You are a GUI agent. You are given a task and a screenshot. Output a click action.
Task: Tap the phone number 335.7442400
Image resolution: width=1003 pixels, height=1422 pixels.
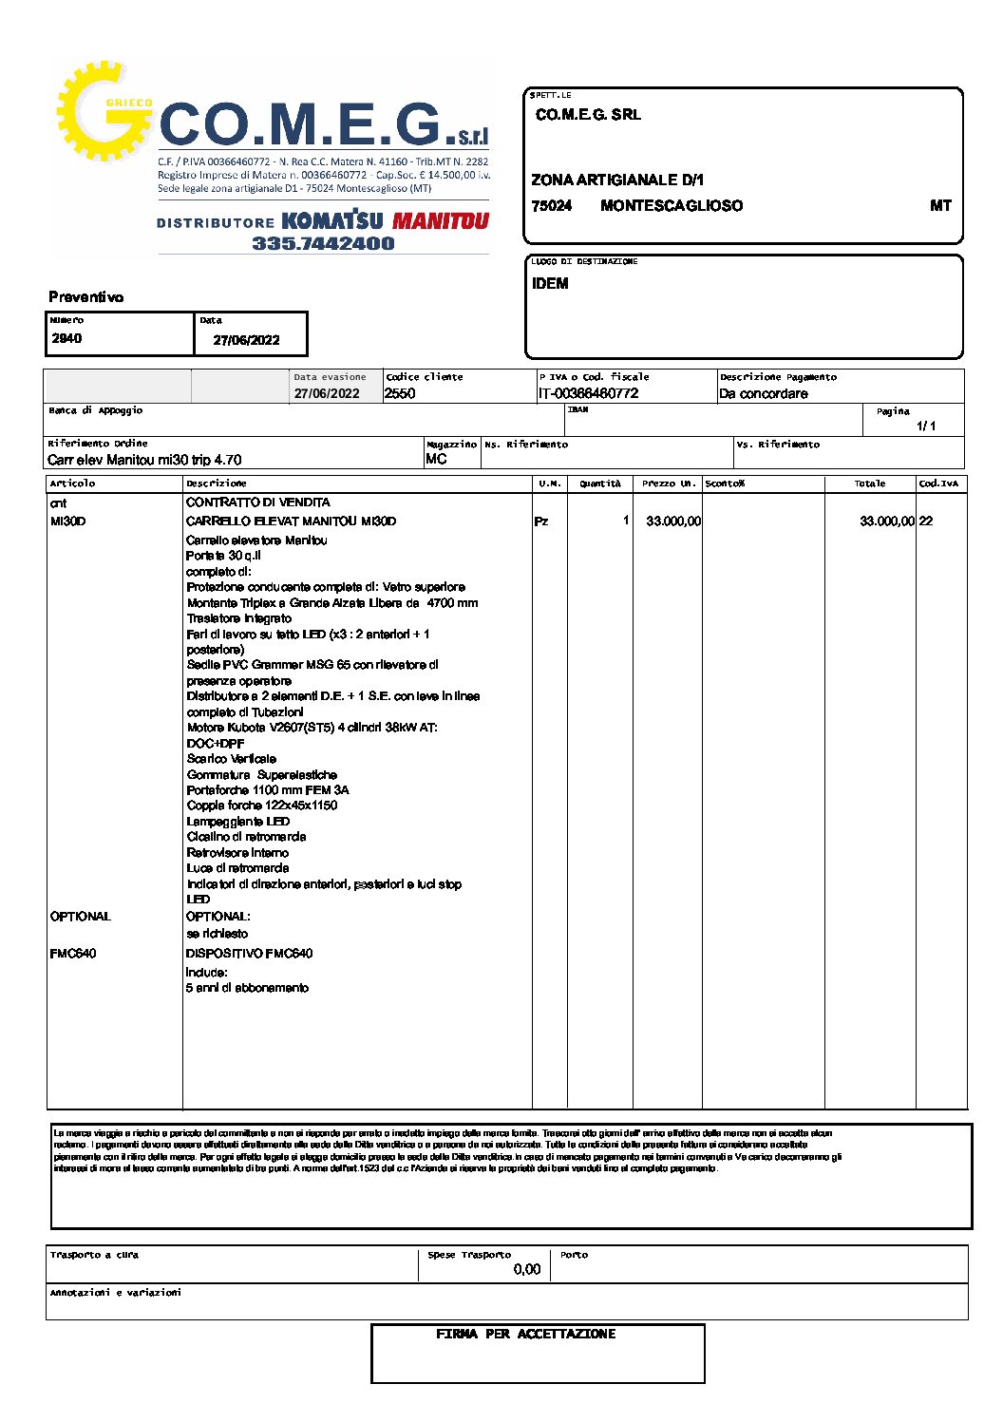coord(323,243)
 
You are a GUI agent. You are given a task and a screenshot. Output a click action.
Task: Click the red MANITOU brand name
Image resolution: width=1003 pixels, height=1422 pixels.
coord(440,221)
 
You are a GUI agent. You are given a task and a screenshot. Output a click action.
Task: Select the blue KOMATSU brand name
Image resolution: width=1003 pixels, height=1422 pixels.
coord(332,220)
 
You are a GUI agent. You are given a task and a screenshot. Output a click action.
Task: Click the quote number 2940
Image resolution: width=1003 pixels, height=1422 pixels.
coord(66,338)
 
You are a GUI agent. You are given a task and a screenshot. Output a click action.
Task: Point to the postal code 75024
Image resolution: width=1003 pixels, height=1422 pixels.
coord(552,206)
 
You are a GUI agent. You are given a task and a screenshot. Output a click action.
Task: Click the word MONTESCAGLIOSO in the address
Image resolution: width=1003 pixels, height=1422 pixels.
coord(672,206)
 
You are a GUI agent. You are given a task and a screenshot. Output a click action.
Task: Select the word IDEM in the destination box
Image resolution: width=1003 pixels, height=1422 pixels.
coord(550,284)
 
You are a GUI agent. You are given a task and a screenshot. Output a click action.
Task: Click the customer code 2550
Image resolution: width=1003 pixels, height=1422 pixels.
coord(400,394)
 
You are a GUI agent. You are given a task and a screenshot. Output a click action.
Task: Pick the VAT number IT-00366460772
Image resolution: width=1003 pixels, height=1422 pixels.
coord(588,394)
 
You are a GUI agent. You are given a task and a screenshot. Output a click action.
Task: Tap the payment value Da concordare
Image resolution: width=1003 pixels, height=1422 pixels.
coord(764,394)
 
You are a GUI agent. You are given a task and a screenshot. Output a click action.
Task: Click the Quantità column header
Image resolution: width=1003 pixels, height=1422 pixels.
coord(600,483)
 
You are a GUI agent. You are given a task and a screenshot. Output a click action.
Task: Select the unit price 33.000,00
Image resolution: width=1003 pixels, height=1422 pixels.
coord(673,521)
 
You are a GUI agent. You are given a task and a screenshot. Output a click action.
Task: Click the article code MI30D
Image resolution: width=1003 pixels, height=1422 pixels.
coord(67,521)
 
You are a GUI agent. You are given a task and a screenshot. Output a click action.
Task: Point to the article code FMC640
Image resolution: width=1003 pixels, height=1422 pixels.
coord(73,954)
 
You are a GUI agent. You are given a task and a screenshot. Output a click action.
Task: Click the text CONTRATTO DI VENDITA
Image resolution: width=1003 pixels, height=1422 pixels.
coord(258,502)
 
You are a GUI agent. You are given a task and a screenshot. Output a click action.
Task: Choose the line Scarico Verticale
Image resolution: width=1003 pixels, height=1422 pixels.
coord(232,759)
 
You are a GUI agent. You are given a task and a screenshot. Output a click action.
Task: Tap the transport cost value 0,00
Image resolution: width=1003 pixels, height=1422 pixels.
coord(526,1270)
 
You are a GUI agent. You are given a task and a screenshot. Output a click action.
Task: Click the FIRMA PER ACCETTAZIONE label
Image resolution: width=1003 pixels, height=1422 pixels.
coord(526,1335)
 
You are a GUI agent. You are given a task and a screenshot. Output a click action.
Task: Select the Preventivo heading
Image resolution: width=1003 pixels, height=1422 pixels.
coord(86,297)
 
